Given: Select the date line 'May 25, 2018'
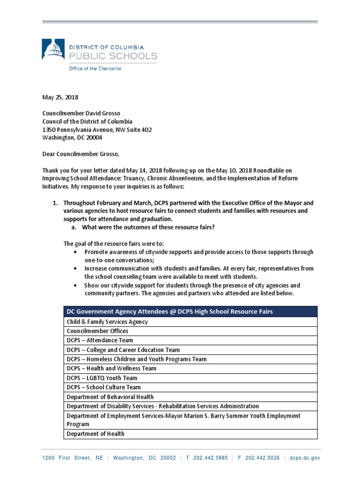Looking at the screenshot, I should tap(60, 97).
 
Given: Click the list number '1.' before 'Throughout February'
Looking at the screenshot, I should tap(55, 203).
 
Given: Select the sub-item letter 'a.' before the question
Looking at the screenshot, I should tap(74, 227).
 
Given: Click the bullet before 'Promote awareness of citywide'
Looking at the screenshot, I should tap(76, 252).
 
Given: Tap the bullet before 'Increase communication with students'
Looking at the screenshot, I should tap(76, 269).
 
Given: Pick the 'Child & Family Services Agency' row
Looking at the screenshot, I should tap(107, 322).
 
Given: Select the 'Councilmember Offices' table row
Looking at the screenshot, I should tap(97, 331).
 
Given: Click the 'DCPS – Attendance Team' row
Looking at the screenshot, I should tap(100, 340).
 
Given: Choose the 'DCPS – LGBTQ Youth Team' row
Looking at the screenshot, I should tap(102, 378).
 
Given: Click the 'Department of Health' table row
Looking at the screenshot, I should tap(96, 434).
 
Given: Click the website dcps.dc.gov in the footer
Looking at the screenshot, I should tap(305, 458).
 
